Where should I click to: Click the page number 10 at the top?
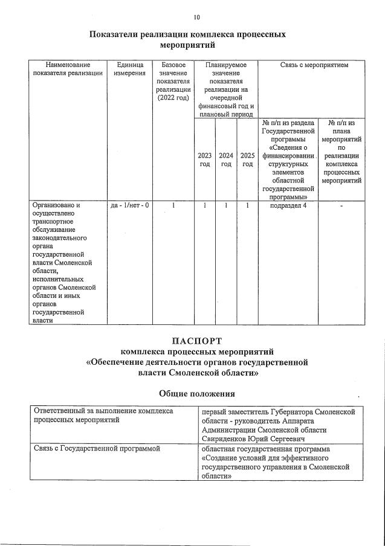click(x=197, y=18)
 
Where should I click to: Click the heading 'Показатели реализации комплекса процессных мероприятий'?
click(x=187, y=39)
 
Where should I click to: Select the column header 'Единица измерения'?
click(x=129, y=69)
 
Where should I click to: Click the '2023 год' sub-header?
click(x=204, y=159)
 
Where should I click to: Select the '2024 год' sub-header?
click(x=226, y=159)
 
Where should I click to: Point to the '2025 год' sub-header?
click(x=247, y=159)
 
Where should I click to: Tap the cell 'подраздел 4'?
click(x=288, y=205)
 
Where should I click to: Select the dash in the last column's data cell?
click(x=341, y=205)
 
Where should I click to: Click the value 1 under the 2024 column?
click(x=226, y=205)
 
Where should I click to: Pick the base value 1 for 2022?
click(x=173, y=205)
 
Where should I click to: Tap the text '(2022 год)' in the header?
click(x=173, y=98)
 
